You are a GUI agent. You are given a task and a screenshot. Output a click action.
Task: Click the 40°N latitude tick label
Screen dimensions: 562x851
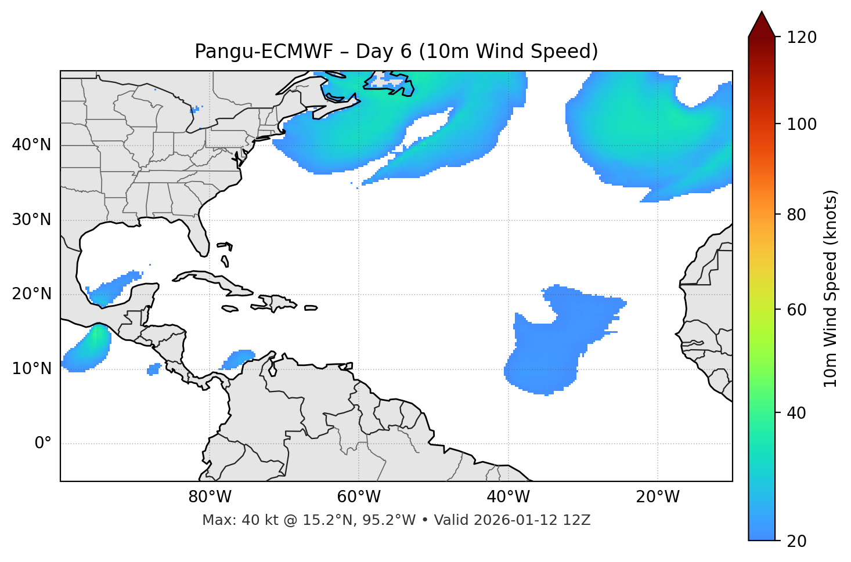point(31,145)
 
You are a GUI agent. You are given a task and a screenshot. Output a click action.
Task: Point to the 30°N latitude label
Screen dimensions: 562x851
point(31,220)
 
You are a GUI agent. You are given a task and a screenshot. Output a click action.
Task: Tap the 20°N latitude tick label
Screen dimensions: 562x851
point(31,294)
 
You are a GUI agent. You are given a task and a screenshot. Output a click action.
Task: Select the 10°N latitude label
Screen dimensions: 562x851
point(31,369)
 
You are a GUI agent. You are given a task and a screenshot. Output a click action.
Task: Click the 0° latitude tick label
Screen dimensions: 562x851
point(43,444)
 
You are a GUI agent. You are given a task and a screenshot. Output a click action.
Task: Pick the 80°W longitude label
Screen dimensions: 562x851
point(210,497)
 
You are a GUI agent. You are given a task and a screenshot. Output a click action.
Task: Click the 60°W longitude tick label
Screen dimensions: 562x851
point(359,497)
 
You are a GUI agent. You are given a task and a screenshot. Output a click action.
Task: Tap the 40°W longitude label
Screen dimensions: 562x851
point(508,497)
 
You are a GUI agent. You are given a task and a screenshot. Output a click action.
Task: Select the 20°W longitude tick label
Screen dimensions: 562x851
point(658,497)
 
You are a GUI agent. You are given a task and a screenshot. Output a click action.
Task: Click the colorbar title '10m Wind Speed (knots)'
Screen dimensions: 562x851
point(831,288)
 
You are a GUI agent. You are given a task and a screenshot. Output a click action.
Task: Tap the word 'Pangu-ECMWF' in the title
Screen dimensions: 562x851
point(264,52)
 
